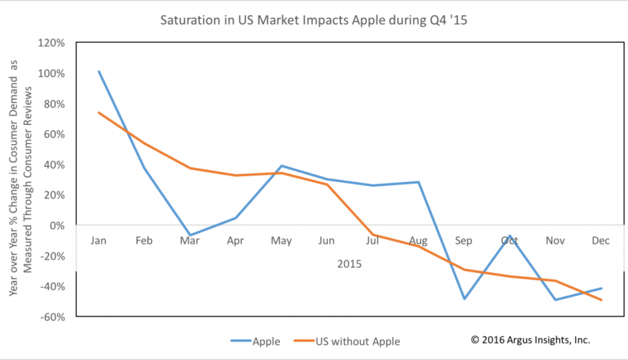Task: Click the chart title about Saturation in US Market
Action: click(313, 21)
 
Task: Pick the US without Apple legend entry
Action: click(346, 341)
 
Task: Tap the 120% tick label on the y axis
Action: click(52, 43)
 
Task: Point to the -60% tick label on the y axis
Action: click(53, 317)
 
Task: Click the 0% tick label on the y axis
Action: click(58, 225)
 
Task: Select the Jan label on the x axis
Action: click(99, 241)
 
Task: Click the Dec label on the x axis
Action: click(601, 241)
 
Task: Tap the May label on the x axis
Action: click(282, 241)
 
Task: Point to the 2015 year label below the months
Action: click(349, 265)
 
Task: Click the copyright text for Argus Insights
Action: click(530, 340)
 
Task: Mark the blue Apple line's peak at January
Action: click(99, 71)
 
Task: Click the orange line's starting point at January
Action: click(99, 113)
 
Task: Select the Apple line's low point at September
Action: click(464, 299)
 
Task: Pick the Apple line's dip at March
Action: click(190, 235)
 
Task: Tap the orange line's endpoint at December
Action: click(601, 300)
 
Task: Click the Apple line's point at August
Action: click(418, 182)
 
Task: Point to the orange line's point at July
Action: click(372, 235)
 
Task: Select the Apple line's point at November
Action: click(555, 299)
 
